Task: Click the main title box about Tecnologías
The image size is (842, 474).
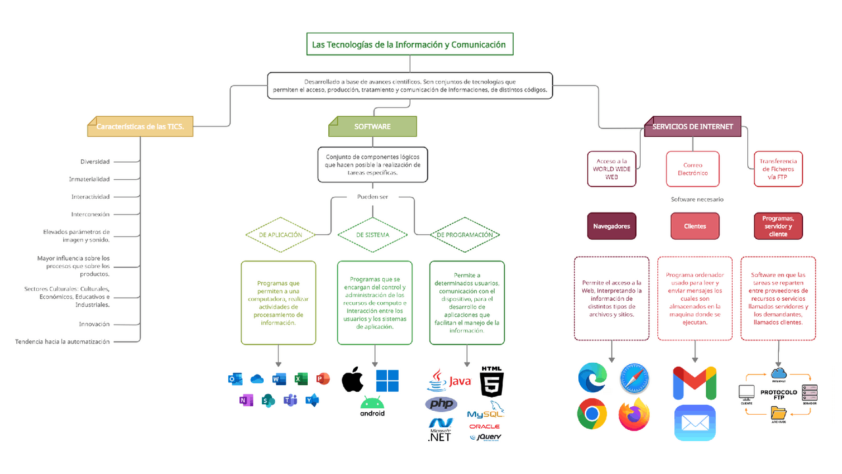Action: [409, 45]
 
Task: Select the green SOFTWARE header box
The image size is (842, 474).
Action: [372, 126]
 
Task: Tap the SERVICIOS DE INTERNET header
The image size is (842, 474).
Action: [693, 126]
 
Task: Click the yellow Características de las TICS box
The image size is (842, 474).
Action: [141, 126]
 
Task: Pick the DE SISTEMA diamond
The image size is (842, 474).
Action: [372, 234]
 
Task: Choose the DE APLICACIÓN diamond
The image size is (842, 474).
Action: [280, 234]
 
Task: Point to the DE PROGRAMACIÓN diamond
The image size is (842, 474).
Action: [464, 234]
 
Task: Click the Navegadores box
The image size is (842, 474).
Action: [611, 226]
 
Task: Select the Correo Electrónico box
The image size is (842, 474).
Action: [693, 169]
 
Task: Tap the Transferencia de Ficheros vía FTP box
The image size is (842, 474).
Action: [778, 169]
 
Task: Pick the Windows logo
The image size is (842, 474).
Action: [387, 381]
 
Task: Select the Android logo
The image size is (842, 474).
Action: [372, 406]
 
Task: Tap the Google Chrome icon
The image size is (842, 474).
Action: [592, 414]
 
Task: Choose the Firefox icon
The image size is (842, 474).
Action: [634, 414]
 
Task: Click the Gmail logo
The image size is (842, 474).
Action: [695, 383]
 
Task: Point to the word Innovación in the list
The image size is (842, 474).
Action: [94, 324]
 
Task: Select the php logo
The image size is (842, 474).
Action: [441, 404]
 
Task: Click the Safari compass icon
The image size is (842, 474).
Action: [634, 379]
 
